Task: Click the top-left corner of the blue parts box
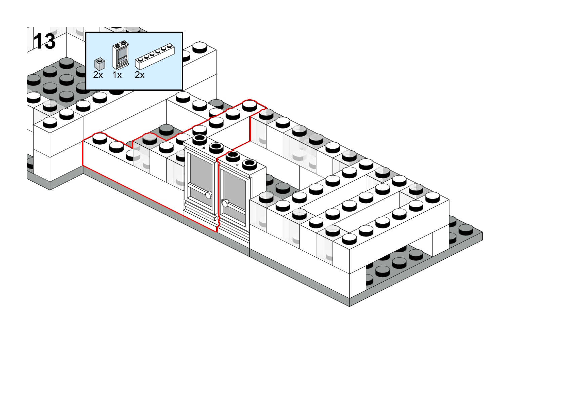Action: point(86,32)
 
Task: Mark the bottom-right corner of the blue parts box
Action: point(183,90)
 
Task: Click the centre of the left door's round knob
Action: point(209,195)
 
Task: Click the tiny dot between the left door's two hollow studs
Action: point(204,148)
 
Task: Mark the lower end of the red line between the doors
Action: point(216,231)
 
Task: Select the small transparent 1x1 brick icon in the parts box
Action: point(100,64)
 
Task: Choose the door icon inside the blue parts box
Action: point(121,55)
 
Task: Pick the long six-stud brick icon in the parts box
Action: point(155,57)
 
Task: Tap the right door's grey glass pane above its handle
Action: point(234,187)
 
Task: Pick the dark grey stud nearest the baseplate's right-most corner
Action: point(466,229)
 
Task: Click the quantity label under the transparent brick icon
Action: point(98,75)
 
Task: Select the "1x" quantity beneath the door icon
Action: point(117,75)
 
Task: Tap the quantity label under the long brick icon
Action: point(140,75)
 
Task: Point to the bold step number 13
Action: point(44,41)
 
